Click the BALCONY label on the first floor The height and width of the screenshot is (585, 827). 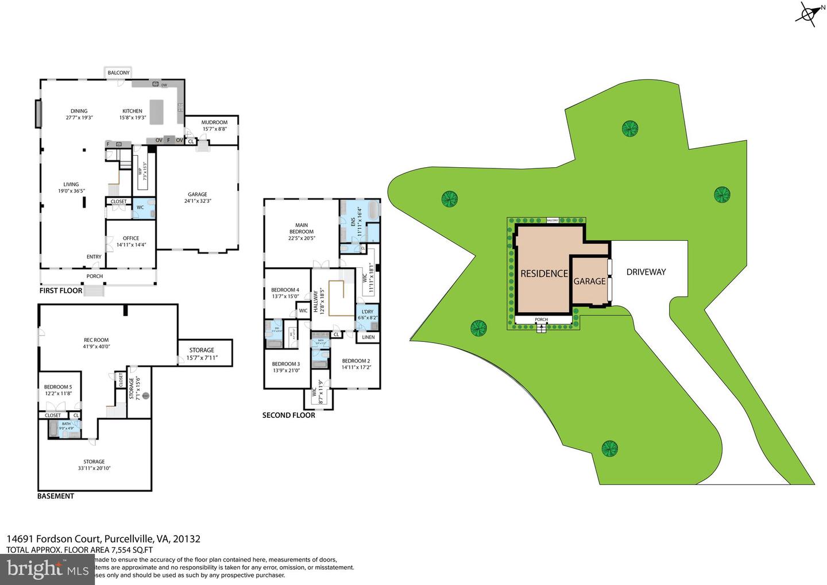119,73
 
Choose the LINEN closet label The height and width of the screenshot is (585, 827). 368,337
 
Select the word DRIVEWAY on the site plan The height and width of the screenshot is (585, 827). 646,272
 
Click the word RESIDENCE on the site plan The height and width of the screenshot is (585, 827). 544,274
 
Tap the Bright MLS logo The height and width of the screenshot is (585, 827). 47,569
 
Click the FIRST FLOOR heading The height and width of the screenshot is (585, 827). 61,291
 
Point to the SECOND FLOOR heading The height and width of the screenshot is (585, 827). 288,415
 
